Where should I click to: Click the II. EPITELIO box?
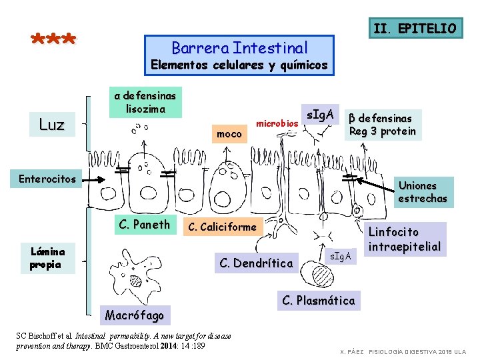point(415,28)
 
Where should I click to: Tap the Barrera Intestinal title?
point(239,48)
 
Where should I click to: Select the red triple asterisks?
point(54,40)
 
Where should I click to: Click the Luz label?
point(51,125)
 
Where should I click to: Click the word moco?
point(229,134)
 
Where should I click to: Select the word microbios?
point(277,124)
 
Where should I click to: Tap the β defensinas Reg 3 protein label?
point(382,124)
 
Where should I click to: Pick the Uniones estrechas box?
point(422,192)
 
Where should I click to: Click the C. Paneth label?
point(143,224)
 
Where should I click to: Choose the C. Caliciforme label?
point(222,227)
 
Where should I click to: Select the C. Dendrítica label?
point(256,263)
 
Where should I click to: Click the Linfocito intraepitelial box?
point(405,239)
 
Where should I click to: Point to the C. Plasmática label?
point(319,301)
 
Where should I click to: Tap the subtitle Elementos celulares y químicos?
point(239,65)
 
